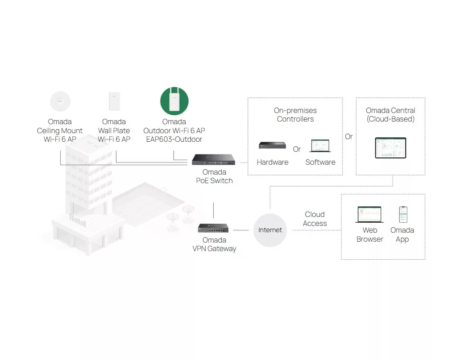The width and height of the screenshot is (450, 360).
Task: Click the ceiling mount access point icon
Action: (60, 101)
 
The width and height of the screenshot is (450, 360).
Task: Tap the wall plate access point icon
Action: (114, 101)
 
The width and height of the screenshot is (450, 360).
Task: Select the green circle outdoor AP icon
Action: (174, 101)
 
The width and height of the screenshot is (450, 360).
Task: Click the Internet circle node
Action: (270, 230)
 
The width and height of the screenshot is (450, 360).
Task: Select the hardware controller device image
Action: (272, 145)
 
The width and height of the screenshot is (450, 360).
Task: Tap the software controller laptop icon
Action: (320, 146)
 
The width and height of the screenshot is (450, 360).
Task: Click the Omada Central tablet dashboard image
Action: (391, 148)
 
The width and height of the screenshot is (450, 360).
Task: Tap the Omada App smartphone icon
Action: (403, 215)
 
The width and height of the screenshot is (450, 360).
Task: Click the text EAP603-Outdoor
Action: (174, 139)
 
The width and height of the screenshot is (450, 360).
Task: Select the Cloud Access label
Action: (315, 219)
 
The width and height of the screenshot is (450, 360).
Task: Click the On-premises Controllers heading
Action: (295, 115)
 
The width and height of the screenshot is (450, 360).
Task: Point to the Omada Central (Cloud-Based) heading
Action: (391, 115)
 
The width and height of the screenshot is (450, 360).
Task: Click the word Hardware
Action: (273, 162)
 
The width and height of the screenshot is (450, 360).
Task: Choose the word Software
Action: (320, 162)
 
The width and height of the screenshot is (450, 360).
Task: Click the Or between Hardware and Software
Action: (297, 149)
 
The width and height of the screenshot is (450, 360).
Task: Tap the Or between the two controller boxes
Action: (349, 136)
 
